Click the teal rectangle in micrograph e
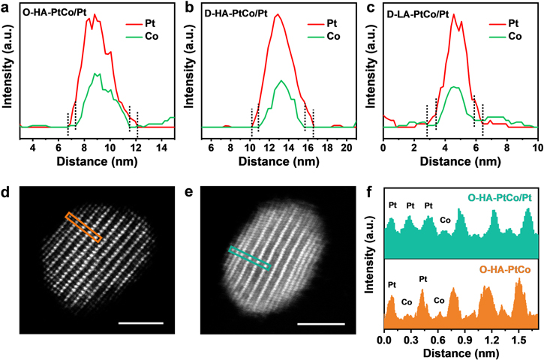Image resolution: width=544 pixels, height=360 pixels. pyautogui.click(x=248, y=258)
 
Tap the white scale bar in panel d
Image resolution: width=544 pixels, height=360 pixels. pyautogui.click(x=140, y=323)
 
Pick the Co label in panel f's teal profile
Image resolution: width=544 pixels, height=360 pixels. pyautogui.click(x=445, y=220)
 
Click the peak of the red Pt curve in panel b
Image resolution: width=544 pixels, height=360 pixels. pyautogui.click(x=278, y=14)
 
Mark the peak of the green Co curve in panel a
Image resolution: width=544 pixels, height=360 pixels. pyautogui.click(x=96, y=73)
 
